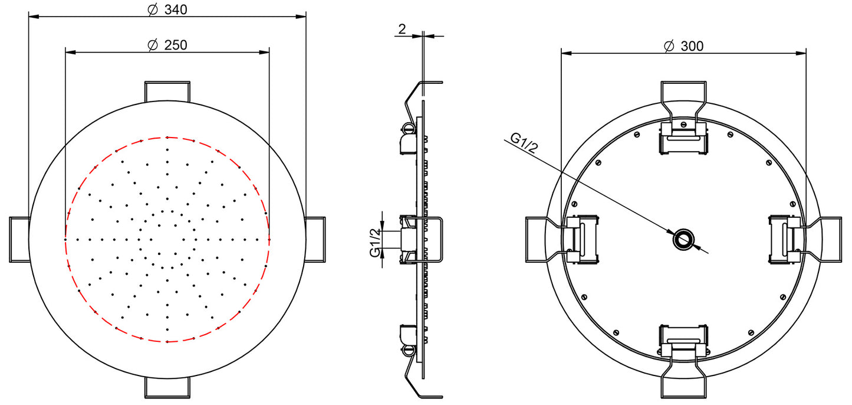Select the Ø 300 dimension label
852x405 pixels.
(683, 46)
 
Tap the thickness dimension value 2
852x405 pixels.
(402, 29)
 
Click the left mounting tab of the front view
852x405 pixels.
(19, 239)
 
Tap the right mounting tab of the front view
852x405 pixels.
(315, 239)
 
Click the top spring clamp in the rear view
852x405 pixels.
(683, 139)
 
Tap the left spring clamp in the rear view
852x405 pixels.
(583, 239)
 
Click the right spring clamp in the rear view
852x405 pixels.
(785, 239)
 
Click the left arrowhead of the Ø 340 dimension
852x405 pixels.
(33, 17)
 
